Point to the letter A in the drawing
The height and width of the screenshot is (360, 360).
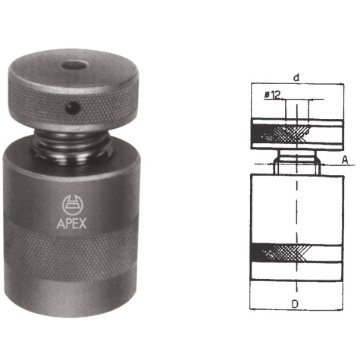point(344,160)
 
